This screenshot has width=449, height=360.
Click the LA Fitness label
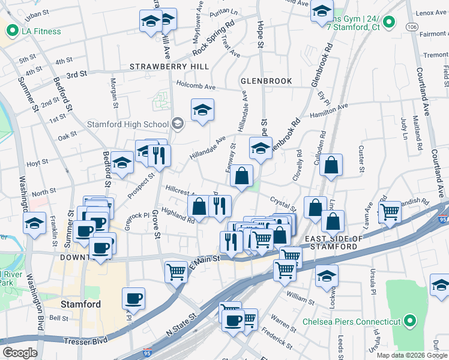click(41, 31)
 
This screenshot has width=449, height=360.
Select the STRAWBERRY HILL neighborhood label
click(169, 66)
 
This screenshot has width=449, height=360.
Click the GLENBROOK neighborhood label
click(266, 81)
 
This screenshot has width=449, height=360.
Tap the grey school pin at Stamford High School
click(177, 125)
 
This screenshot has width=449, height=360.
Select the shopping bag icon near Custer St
click(331, 165)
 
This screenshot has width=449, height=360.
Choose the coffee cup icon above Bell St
click(133, 298)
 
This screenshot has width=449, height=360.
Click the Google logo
click(20, 353)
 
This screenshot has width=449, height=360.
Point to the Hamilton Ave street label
click(328, 111)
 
